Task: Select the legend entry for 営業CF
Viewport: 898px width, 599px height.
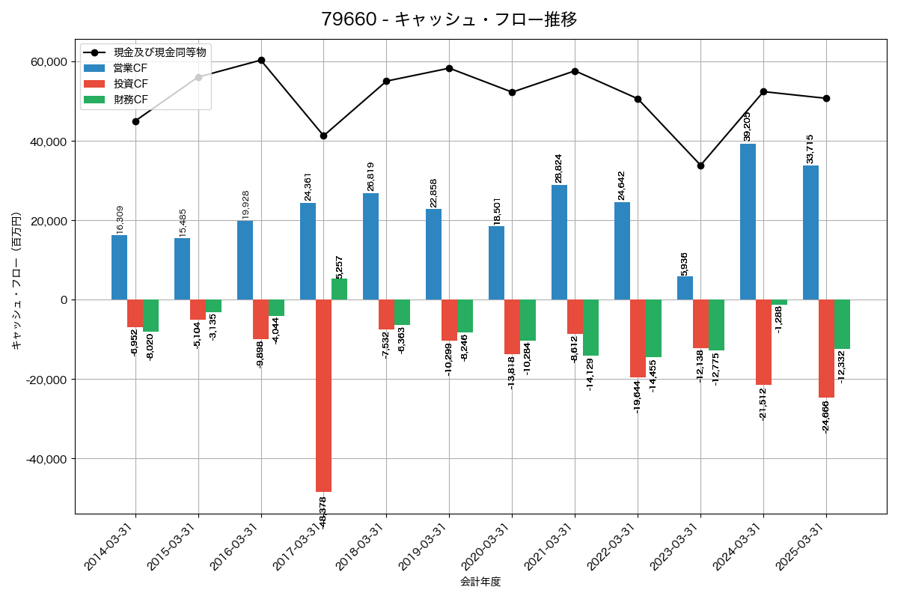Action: point(130,67)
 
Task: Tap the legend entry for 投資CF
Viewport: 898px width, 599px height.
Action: point(130,83)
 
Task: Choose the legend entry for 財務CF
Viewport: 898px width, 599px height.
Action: point(130,99)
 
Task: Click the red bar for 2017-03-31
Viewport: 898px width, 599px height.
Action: point(323,395)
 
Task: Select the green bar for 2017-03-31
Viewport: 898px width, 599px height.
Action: point(339,289)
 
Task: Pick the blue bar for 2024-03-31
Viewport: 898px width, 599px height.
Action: point(748,222)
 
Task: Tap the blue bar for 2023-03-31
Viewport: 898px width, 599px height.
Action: point(685,288)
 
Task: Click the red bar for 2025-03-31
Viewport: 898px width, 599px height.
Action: point(826,349)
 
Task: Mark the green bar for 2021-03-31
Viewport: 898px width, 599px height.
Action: point(590,328)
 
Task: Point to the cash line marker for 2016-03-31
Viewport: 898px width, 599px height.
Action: point(261,60)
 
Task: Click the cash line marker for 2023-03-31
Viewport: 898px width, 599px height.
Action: point(700,165)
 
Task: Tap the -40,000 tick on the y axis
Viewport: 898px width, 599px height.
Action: point(46,459)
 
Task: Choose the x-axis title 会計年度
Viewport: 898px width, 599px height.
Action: point(480,582)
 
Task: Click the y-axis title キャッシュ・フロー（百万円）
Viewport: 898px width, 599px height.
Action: point(16,282)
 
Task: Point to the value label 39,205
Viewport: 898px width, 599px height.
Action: point(748,127)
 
